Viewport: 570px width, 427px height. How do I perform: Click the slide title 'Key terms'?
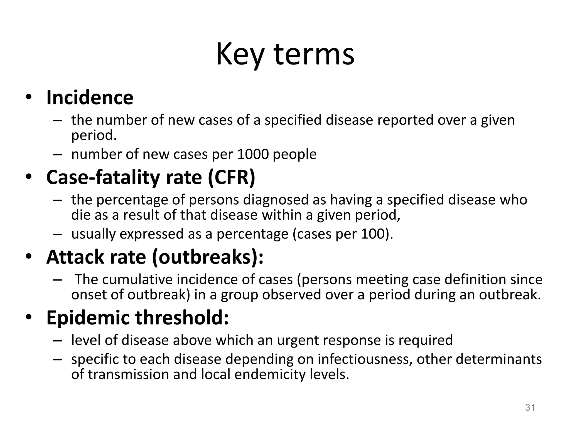click(285, 54)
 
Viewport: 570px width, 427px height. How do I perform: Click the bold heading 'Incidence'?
click(90, 98)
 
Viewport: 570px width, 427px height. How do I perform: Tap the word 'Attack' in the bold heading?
click(75, 257)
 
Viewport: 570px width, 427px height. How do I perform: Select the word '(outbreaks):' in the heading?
click(208, 257)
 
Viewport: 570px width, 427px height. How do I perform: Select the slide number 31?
click(530, 408)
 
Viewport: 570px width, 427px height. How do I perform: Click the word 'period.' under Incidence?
click(94, 136)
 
